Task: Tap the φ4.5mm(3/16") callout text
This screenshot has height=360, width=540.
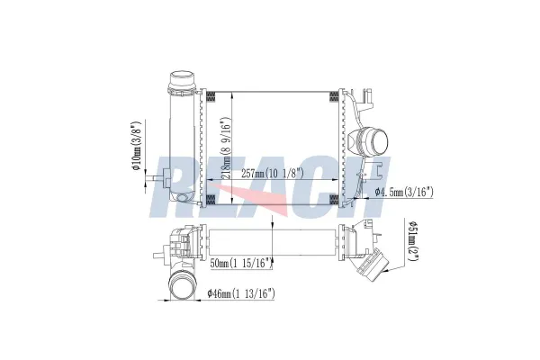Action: [404, 192]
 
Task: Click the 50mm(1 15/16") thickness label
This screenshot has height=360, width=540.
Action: [240, 263]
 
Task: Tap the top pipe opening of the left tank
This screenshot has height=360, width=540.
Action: [183, 79]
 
